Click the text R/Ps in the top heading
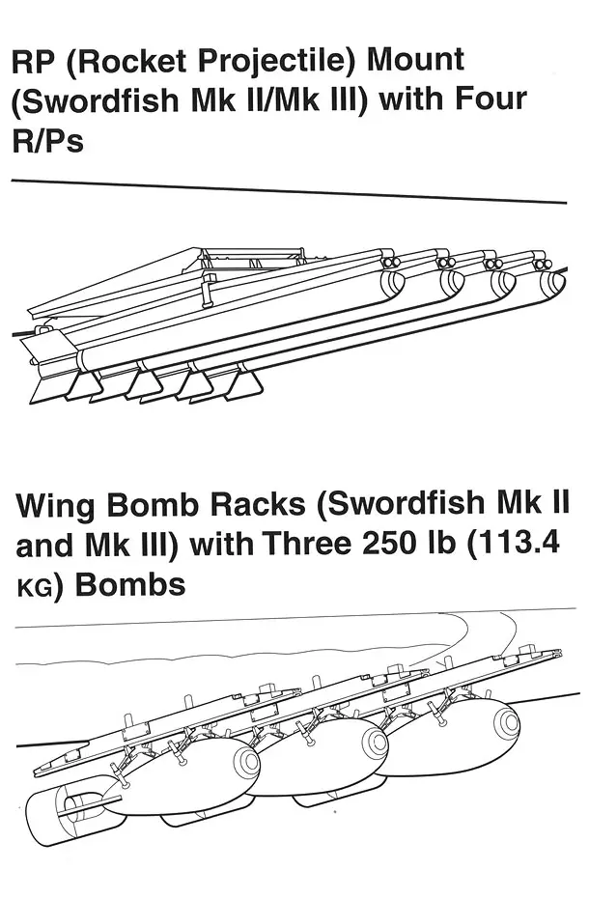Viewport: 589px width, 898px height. (x=48, y=139)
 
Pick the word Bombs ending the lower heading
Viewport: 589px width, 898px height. (x=130, y=585)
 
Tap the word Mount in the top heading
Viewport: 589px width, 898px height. (x=415, y=60)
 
